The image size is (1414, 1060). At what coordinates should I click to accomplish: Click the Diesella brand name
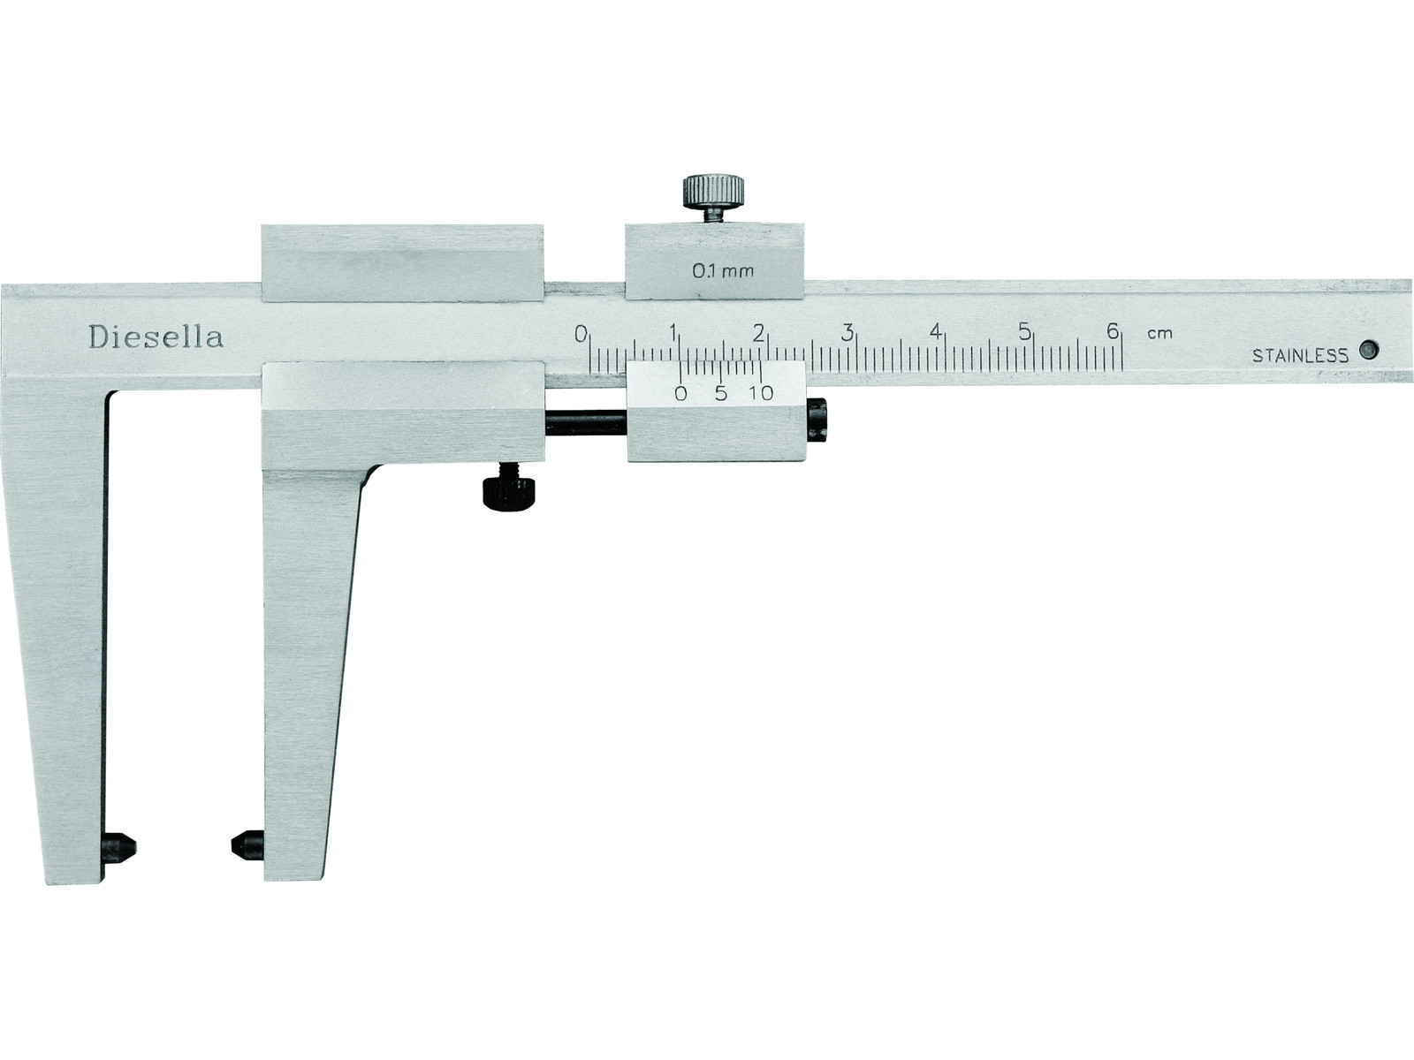pyautogui.click(x=156, y=337)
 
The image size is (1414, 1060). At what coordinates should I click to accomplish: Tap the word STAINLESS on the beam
pyautogui.click(x=1300, y=355)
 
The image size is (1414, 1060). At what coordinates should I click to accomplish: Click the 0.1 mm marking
pyautogui.click(x=723, y=271)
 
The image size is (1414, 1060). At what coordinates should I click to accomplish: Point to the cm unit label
pyautogui.click(x=1159, y=333)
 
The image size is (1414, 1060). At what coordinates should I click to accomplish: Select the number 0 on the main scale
pyautogui.click(x=581, y=333)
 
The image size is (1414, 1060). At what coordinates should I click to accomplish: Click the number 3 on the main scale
pyautogui.click(x=848, y=333)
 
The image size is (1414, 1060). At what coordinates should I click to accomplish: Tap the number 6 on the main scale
pyautogui.click(x=1113, y=330)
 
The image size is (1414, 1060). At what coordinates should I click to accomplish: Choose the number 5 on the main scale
pyautogui.click(x=1024, y=331)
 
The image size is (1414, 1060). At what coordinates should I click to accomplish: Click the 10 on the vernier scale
pyautogui.click(x=762, y=392)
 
